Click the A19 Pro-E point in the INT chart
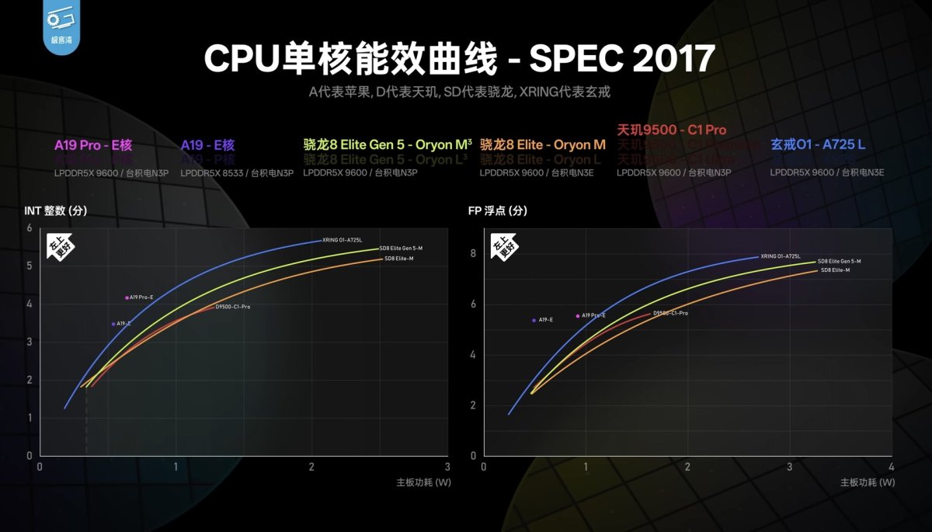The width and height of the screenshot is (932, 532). pos(127,297)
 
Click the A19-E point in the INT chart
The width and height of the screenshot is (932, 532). pos(113,324)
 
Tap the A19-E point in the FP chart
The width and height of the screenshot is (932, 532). pos(534,320)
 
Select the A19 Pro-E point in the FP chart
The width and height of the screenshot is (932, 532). pos(578,316)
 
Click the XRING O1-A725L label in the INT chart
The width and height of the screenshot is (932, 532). pos(342,240)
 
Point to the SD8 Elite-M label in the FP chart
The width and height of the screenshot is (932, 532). pos(835,270)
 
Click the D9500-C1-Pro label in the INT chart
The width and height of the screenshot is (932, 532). pos(233,308)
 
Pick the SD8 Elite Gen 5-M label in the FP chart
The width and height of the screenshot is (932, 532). pos(839,261)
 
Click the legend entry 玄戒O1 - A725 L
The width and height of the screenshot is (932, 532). pos(817,144)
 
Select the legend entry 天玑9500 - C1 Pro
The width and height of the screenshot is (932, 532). pos(672,130)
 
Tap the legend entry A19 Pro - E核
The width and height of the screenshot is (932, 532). pos(93,144)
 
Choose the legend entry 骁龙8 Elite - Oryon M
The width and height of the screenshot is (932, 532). pos(542,144)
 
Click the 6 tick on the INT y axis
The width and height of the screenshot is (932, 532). pos(30,228)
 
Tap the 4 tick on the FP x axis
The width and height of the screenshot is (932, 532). pos(891,468)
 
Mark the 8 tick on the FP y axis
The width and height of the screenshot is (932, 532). pos(472,253)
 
